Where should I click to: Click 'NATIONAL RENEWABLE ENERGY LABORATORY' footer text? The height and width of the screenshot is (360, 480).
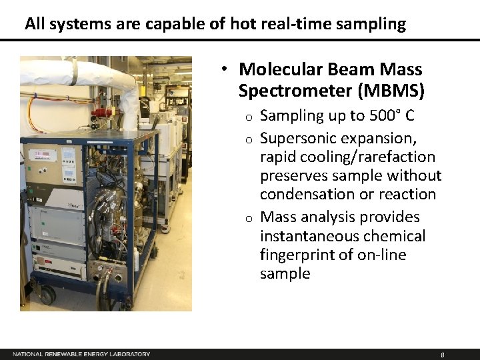click(x=81, y=354)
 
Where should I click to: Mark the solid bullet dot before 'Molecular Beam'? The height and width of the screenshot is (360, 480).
click(x=227, y=69)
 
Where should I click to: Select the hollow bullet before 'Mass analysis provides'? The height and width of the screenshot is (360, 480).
click(x=247, y=218)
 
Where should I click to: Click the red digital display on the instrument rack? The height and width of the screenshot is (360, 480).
click(x=42, y=155)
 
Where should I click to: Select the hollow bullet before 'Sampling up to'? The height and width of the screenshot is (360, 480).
click(x=247, y=117)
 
